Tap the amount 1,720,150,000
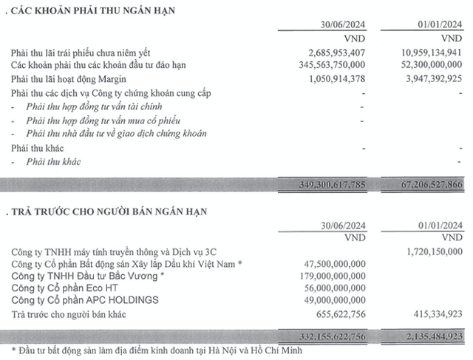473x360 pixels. (426, 252)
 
